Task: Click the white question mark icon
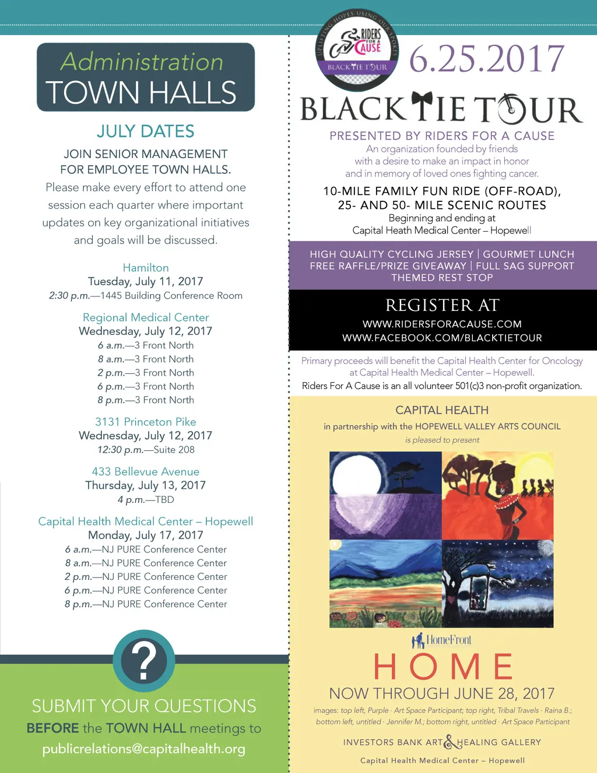pos(143,660)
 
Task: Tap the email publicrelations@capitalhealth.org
pos(144,748)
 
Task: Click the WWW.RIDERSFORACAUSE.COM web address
pos(442,324)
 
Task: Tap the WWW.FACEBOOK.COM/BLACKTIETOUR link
pos(442,338)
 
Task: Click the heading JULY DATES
pos(146,131)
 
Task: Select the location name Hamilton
pos(146,268)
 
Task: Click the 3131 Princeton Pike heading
pos(146,422)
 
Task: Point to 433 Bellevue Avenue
pos(146,471)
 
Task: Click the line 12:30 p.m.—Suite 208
pos(146,450)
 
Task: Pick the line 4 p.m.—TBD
pos(146,499)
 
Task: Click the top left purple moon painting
pos(385,495)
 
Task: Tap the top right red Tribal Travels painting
pos(498,495)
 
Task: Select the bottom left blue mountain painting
pos(385,583)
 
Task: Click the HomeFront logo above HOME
pos(442,641)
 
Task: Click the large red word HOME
pos(443,666)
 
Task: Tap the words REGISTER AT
pos(442,305)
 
